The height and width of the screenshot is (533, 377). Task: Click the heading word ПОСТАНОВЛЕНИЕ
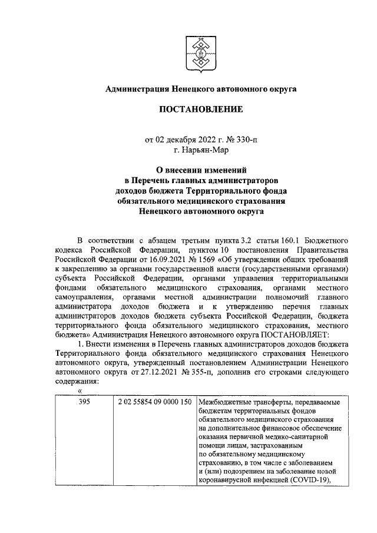click(x=200, y=110)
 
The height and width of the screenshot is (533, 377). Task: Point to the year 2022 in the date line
click(x=207, y=140)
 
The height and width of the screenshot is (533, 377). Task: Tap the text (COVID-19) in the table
click(x=309, y=479)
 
